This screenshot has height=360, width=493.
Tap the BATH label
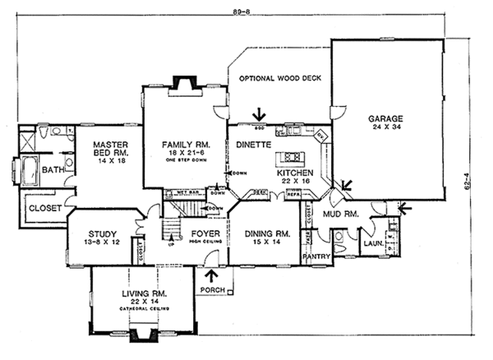click(x=53, y=170)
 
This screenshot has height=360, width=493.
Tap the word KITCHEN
click(x=292, y=174)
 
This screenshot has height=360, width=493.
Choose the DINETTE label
click(x=254, y=144)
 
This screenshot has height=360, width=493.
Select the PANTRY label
click(x=316, y=256)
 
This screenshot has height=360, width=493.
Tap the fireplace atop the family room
click(x=182, y=82)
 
